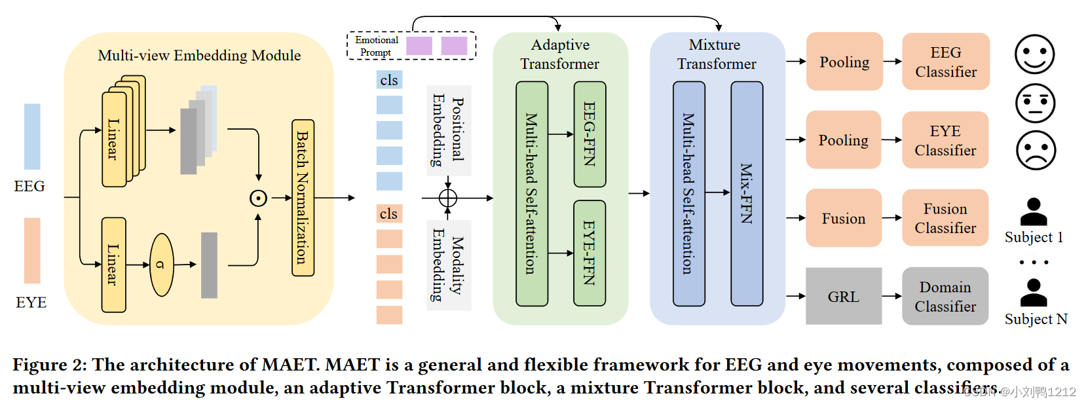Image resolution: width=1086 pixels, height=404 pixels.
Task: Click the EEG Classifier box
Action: pyautogui.click(x=945, y=62)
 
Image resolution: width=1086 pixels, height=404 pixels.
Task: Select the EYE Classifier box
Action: pyautogui.click(x=945, y=140)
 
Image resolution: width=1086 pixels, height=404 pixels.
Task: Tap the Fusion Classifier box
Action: pyautogui.click(x=945, y=218)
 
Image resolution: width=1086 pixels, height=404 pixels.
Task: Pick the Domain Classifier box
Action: pyautogui.click(x=945, y=296)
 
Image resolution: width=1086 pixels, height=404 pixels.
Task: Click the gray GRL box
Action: pyautogui.click(x=843, y=296)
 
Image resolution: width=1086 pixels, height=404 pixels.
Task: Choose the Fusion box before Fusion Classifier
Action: pyautogui.click(x=843, y=218)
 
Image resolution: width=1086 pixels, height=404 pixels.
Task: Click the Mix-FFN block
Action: pyautogui.click(x=747, y=193)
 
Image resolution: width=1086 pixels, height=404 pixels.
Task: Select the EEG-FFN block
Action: pyautogui.click(x=590, y=134)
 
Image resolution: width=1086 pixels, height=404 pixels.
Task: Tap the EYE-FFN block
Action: pyautogui.click(x=590, y=253)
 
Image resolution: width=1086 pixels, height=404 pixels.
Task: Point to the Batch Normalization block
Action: pyautogui.click(x=303, y=198)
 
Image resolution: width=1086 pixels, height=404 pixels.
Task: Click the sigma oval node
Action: pyautogui.click(x=162, y=265)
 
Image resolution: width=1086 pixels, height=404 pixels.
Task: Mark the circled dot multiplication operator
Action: pyautogui.click(x=259, y=198)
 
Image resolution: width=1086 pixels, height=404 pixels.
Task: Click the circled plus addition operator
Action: pyautogui.click(x=448, y=198)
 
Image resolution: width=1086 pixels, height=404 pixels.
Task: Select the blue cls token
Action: pyautogui.click(x=389, y=80)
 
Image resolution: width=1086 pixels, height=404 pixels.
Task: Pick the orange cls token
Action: pyautogui.click(x=389, y=213)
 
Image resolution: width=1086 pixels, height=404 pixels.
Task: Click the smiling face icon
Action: pyautogui.click(x=1034, y=54)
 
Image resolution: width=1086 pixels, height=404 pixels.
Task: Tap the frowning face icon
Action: pyautogui.click(x=1036, y=150)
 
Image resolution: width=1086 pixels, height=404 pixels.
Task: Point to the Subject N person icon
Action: pyautogui.click(x=1034, y=293)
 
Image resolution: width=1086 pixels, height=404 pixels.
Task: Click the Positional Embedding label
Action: pyautogui.click(x=449, y=130)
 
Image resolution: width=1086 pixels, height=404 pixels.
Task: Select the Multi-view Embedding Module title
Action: pyautogui.click(x=199, y=56)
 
